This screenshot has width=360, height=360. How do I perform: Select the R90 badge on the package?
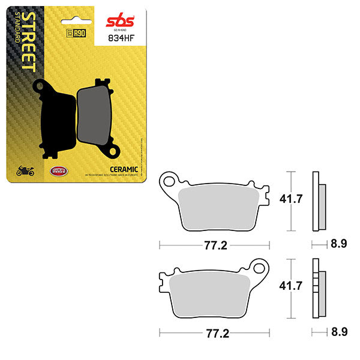pyautogui.click(x=74, y=34)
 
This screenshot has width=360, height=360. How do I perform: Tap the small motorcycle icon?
pyautogui.click(x=25, y=171)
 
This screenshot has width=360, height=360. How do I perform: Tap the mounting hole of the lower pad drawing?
pyautogui.click(x=260, y=266)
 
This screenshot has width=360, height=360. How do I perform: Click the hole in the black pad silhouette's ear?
pyautogui.click(x=41, y=87)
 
